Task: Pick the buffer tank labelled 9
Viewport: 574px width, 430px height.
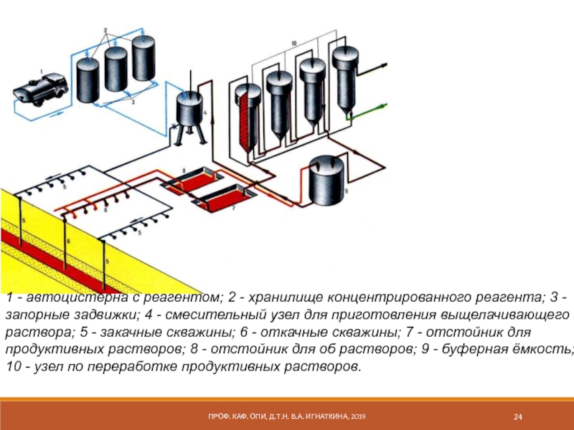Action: tap(326, 179)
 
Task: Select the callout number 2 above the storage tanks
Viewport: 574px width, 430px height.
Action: tap(105, 30)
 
